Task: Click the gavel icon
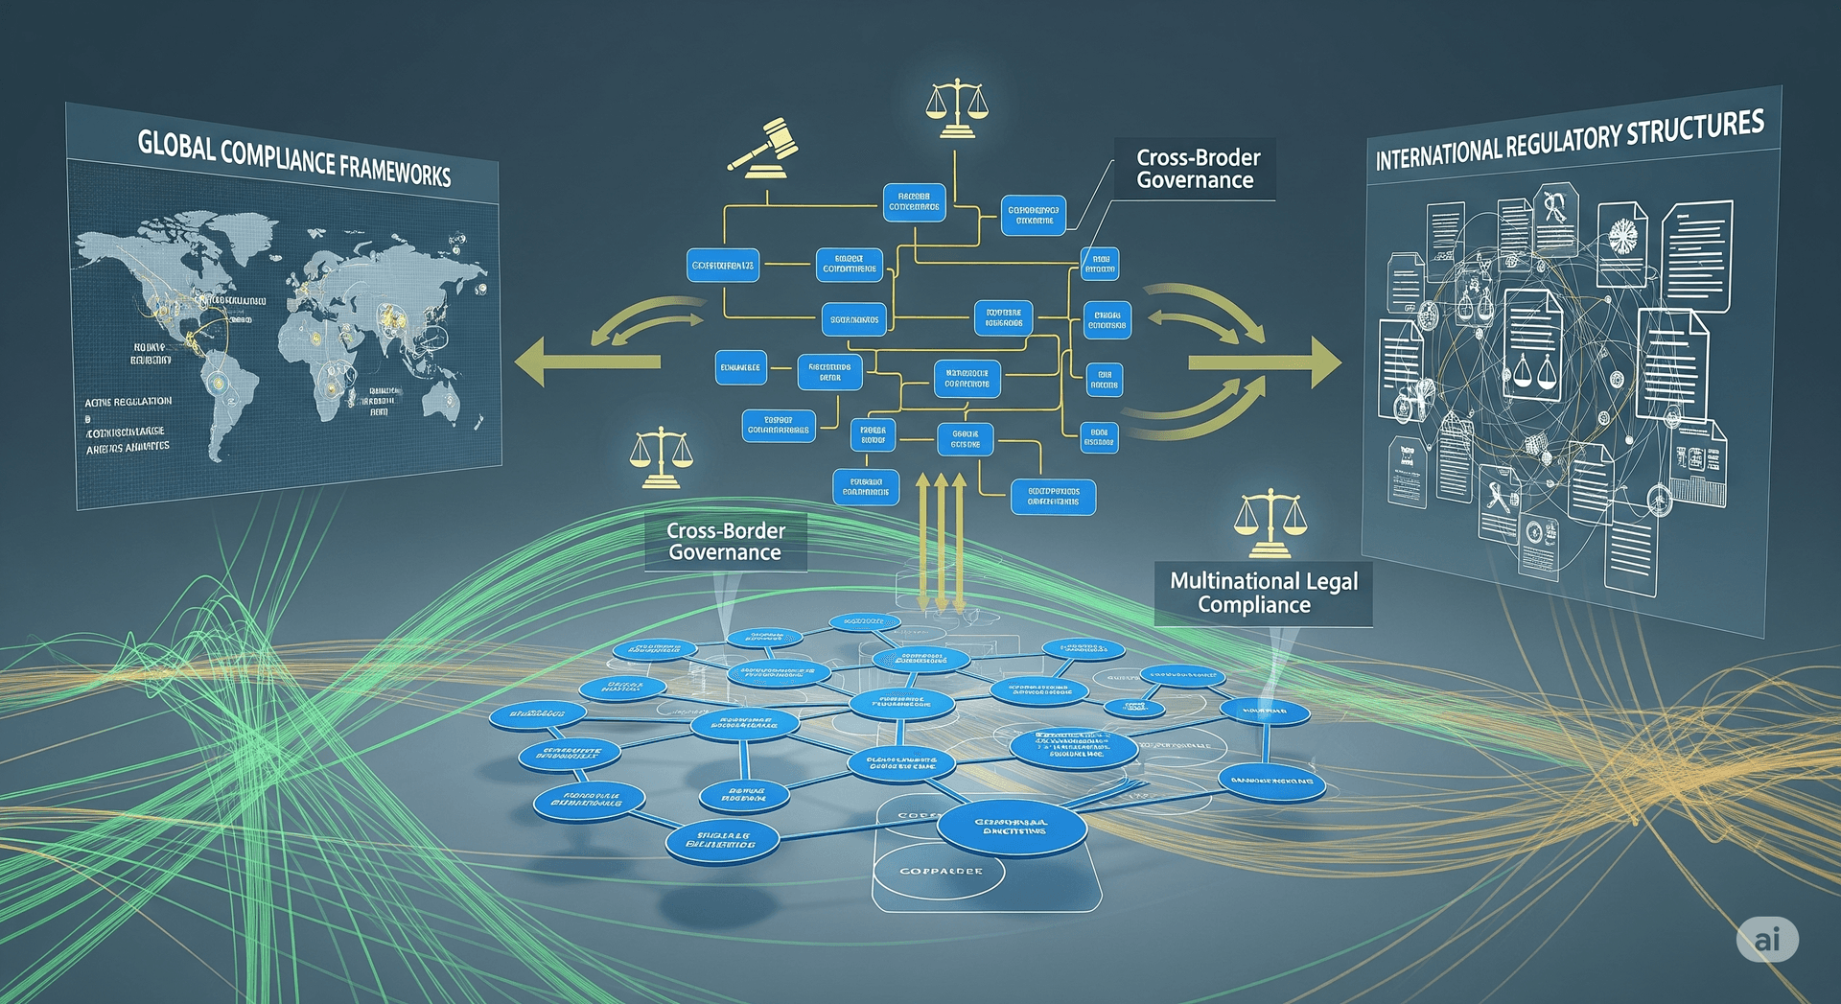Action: (x=764, y=147)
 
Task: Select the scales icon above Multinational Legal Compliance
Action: (x=1270, y=523)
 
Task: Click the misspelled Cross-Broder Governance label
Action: (x=1197, y=169)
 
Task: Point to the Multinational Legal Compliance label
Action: (x=1263, y=593)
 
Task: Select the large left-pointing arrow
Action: (x=585, y=362)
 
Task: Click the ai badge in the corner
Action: (x=1767, y=939)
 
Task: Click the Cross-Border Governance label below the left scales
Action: (x=725, y=542)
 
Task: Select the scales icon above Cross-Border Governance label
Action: (x=661, y=457)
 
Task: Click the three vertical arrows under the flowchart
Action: (x=941, y=542)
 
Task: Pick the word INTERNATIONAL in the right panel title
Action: (x=1438, y=154)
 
